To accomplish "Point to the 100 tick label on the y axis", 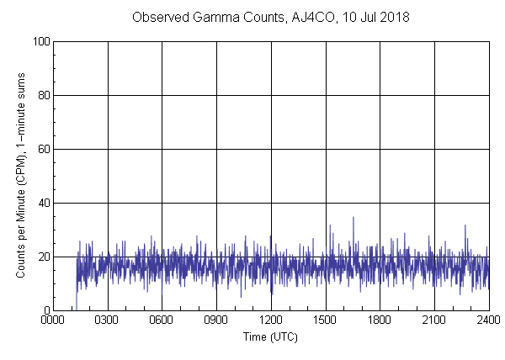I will pos(40,41).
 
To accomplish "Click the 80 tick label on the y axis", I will pos(43,95).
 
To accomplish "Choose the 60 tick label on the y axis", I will pos(43,149).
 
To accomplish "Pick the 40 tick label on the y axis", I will pos(43,203).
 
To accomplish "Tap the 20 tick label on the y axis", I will pos(43,257).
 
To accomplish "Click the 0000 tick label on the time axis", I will pos(53,320).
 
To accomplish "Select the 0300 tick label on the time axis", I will pos(108,320).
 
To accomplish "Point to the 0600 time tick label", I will pos(162,320).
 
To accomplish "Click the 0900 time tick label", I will pos(216,320).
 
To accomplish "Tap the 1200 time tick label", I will pos(271,320).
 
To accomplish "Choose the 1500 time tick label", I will pos(325,320).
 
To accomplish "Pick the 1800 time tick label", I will pos(380,320).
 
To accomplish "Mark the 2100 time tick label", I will pos(434,320).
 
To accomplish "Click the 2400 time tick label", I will pos(488,320).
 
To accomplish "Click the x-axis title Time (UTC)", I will pos(270,336).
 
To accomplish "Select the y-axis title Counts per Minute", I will pos(21,202).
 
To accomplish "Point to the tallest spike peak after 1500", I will pos(353,217).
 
